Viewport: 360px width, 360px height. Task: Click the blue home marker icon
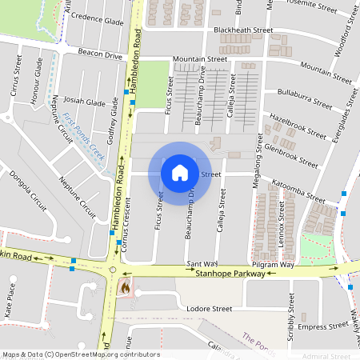[180, 172]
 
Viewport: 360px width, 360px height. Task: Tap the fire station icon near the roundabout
[124, 285]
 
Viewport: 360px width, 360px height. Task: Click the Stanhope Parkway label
[230, 273]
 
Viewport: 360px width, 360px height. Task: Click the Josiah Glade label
[85, 103]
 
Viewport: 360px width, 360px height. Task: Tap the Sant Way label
[202, 263]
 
